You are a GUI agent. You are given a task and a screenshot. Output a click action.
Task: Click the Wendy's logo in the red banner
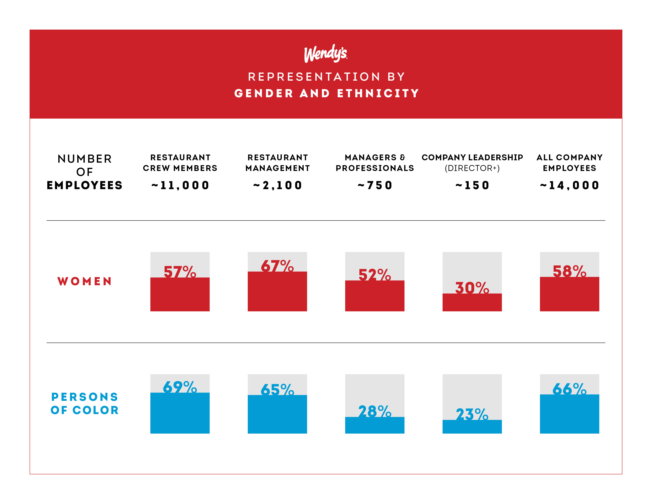(x=326, y=54)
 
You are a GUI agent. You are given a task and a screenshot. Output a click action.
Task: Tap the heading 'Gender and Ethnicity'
(x=327, y=93)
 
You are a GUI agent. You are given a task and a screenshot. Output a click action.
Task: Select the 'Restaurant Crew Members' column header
(x=180, y=162)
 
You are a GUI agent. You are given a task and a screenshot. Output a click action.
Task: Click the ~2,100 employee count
(x=278, y=185)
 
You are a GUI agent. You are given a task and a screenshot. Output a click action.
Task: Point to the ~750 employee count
(x=375, y=185)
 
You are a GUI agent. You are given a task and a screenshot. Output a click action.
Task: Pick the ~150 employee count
(x=472, y=185)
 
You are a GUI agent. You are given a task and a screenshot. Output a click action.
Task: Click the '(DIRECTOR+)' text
(x=472, y=168)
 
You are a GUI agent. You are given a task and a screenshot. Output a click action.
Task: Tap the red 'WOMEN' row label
(x=85, y=281)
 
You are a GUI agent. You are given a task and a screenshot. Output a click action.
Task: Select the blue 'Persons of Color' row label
(x=85, y=403)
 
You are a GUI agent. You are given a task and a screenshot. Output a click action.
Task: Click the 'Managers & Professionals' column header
(x=375, y=162)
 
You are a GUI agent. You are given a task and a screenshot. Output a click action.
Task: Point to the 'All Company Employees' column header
(x=569, y=162)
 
